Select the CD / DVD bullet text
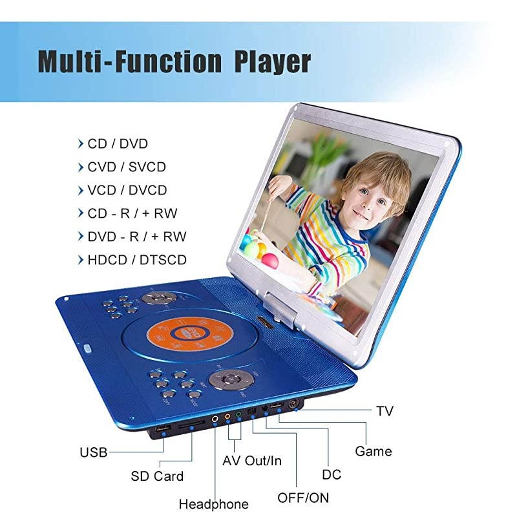pos(118,143)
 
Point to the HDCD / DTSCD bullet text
pos(136,260)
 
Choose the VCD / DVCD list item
pos(127,190)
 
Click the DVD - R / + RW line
pos(136,237)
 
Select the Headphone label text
pos(213,504)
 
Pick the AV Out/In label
pos(252,461)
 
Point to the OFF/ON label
pos(303,498)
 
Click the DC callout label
pos(332,474)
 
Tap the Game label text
pos(374,450)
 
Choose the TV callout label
pos(385,411)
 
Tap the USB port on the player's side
pos(163,431)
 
